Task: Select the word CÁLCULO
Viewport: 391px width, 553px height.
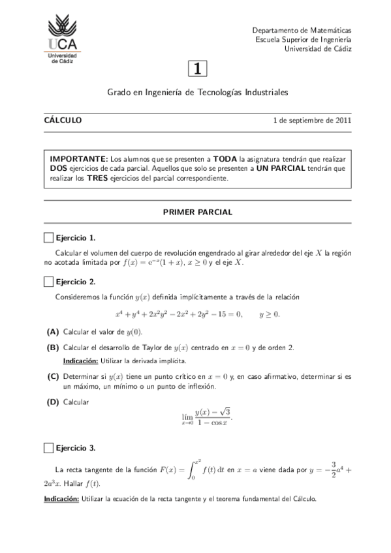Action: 63,120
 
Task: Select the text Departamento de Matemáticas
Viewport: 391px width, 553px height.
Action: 302,31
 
